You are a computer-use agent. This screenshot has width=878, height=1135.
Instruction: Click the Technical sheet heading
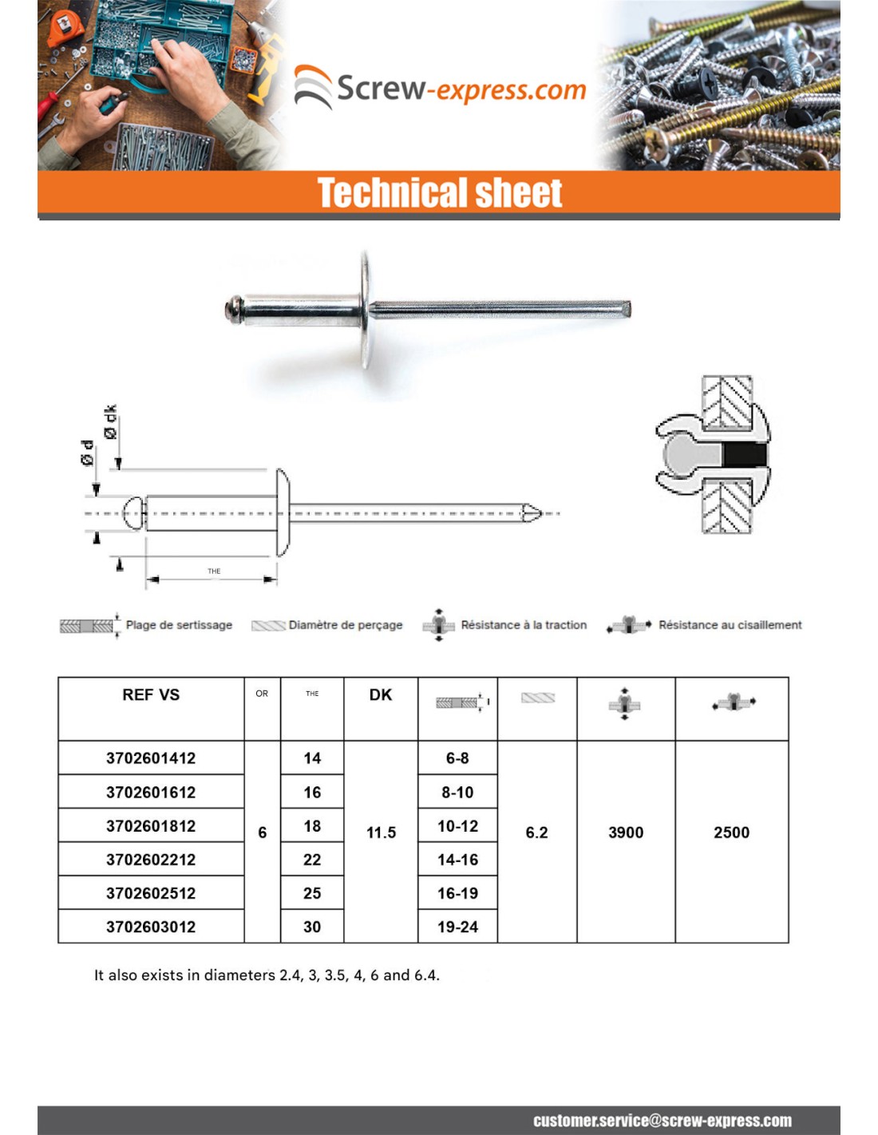tap(440, 193)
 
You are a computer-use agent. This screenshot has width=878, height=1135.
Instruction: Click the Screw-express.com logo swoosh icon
tap(313, 86)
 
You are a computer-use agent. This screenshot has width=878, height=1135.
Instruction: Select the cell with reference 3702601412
tap(151, 758)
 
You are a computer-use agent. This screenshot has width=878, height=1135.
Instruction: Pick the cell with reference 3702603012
tap(151, 927)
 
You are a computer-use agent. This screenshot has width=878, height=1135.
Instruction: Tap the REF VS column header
tap(151, 695)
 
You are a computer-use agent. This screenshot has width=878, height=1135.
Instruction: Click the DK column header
tap(381, 695)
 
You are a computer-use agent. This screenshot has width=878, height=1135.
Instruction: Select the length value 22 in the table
tap(312, 860)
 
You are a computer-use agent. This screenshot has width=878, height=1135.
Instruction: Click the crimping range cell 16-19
tap(457, 893)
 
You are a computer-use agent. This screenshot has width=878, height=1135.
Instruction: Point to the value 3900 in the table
tap(626, 832)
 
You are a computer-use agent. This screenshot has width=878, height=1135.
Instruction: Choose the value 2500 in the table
tap(731, 832)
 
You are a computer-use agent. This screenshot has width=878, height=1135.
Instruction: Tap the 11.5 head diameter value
tap(381, 832)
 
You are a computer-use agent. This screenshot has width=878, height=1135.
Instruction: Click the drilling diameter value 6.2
tap(536, 832)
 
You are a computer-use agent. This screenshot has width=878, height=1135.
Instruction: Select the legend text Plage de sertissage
tap(179, 625)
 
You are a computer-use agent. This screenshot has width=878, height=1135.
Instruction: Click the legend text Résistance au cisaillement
tap(730, 625)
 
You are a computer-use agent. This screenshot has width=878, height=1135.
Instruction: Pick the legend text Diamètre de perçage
tap(346, 625)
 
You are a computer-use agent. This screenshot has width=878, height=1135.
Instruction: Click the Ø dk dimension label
tap(110, 421)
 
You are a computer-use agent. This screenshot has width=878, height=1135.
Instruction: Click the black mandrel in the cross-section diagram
tap(744, 455)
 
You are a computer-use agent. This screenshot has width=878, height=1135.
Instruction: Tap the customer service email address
tap(662, 1121)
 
